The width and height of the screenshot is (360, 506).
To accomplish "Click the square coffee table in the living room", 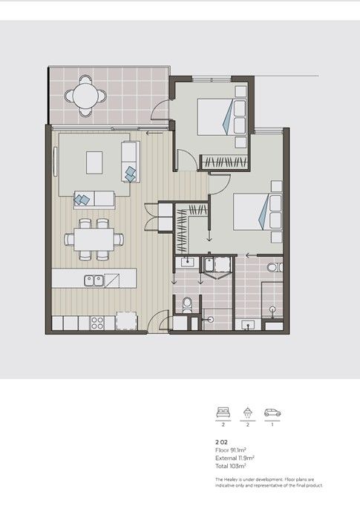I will (94, 161).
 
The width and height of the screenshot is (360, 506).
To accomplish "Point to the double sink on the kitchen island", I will (94, 280).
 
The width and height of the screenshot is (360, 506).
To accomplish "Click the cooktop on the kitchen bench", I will (96, 323).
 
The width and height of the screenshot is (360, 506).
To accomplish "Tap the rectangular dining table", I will (94, 239).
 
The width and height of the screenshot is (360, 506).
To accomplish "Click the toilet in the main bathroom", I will (188, 303).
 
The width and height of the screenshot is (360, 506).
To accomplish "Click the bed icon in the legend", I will (221, 413).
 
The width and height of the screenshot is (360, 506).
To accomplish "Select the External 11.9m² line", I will (237, 459).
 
